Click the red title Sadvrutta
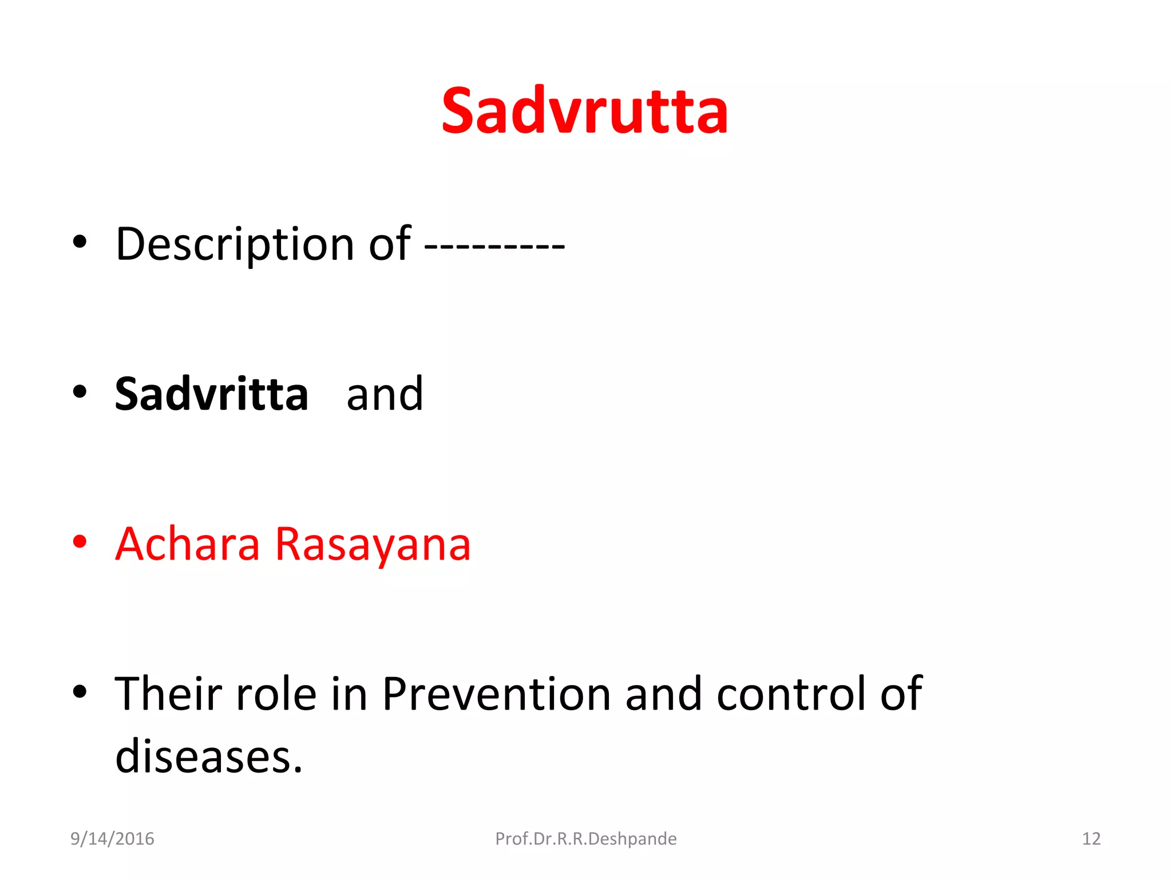[585, 112]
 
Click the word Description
[235, 245]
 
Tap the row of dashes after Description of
[494, 246]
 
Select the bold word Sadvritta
[211, 394]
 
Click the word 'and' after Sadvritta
[385, 395]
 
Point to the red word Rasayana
[373, 545]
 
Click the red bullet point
[80, 541]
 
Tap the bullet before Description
[80, 242]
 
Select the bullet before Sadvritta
[80, 392]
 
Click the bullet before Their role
[80, 691]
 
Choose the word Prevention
[496, 694]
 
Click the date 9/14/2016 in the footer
[112, 839]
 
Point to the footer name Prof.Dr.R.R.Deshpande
[585, 839]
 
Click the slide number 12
[1091, 839]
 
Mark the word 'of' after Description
[389, 244]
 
